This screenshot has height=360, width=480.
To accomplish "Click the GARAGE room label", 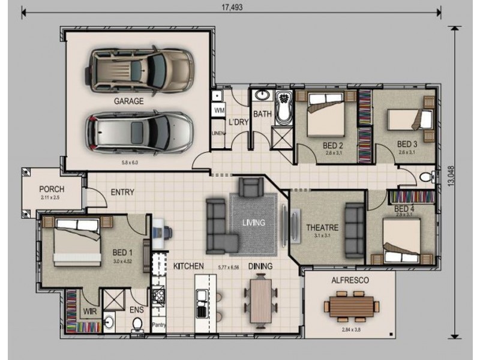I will tap(128, 101).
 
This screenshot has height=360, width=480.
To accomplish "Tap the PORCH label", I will tap(52, 188).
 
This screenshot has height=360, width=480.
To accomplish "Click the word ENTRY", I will tap(122, 193).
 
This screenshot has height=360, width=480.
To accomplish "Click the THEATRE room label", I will tap(322, 227).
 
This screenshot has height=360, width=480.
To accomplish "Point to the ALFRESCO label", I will tap(350, 280).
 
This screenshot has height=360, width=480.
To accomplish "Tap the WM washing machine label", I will tap(218, 111).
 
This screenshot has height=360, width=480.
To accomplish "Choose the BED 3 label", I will tap(407, 144).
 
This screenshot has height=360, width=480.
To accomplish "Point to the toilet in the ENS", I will tap(137, 324).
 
